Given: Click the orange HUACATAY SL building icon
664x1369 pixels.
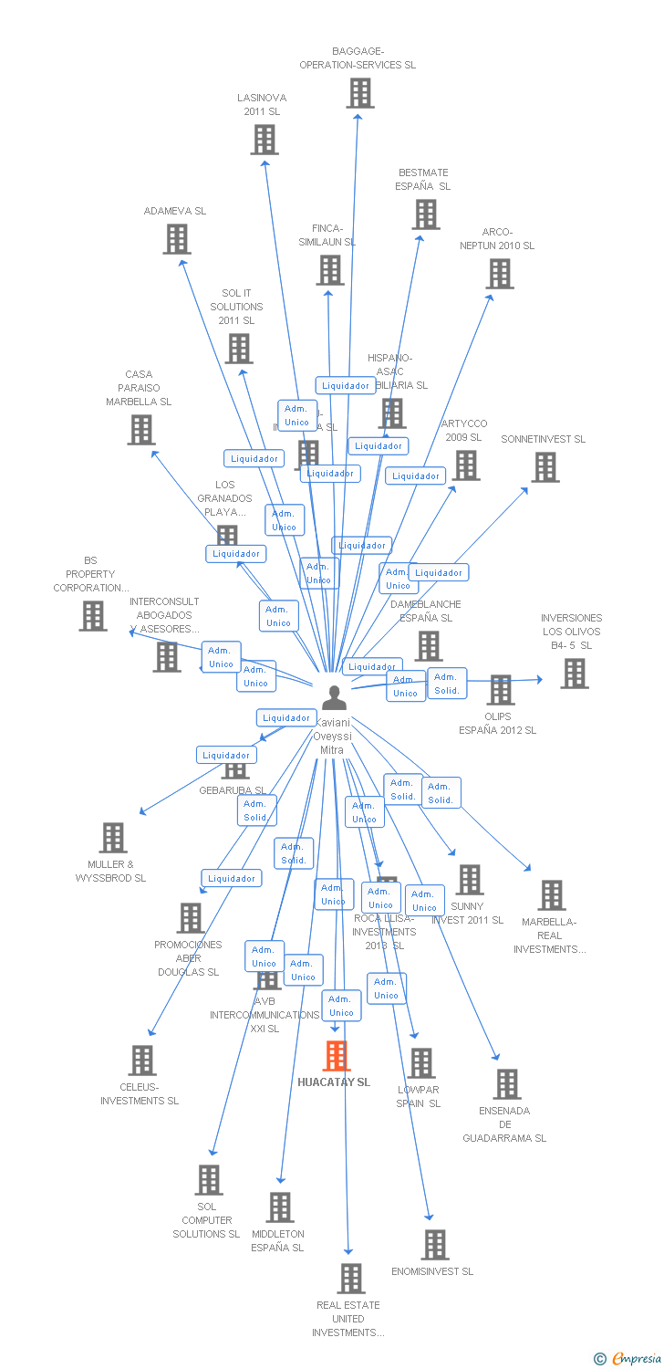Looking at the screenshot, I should (337, 1056).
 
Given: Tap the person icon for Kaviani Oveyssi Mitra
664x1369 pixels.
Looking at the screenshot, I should (335, 698).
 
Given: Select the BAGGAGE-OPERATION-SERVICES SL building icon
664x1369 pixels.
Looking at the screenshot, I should (360, 93).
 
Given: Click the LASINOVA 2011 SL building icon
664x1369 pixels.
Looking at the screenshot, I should (265, 140).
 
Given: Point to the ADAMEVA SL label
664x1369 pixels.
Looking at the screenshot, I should (175, 211).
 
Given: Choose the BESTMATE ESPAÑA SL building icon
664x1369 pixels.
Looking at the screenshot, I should (426, 214).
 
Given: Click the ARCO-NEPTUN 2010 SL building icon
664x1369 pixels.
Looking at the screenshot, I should (500, 274).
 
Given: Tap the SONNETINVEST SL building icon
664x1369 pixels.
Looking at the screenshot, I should (545, 467).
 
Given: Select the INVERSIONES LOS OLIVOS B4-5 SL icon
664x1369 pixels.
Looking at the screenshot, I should (574, 674).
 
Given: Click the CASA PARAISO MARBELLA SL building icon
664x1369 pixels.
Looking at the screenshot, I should (141, 430).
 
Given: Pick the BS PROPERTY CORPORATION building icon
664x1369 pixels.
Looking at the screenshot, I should (93, 616).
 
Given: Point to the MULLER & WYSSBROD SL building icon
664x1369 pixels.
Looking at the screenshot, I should (113, 838).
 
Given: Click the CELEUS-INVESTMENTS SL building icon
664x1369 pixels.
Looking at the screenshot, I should (142, 1061).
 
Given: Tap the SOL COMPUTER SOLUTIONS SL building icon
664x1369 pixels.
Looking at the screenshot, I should (209, 1180).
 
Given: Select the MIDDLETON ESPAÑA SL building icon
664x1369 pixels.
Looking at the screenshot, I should (280, 1207).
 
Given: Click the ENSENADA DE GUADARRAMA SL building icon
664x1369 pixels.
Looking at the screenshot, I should (507, 1084).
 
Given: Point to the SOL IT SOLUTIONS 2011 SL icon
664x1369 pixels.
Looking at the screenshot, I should (239, 349).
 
